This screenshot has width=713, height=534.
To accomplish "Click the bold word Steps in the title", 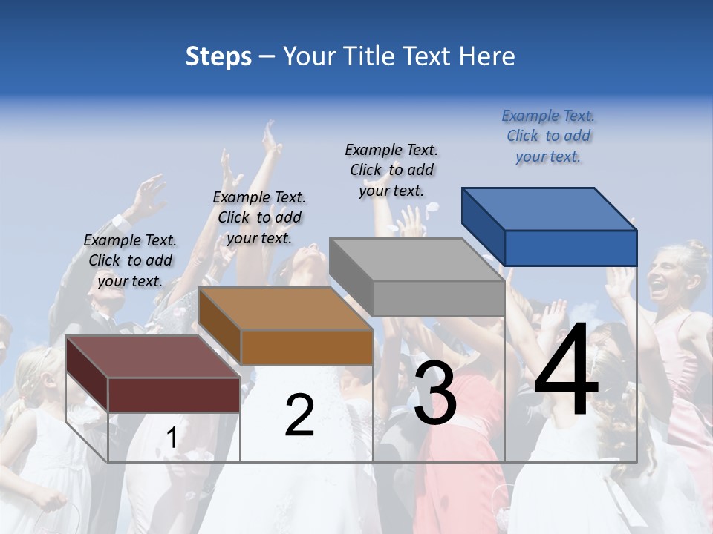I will click(218, 56).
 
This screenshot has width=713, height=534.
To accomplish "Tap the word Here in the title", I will click(486, 56).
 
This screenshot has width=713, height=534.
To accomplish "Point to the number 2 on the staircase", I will click(299, 415).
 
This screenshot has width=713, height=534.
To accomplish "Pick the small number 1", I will click(172, 438).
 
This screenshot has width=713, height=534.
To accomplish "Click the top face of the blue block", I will click(548, 209).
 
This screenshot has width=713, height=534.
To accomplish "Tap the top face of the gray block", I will click(416, 260).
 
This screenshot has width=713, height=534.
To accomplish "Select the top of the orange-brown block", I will click(285, 309).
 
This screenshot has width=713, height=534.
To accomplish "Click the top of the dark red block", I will click(152, 357).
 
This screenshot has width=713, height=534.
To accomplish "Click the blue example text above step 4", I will click(548, 136).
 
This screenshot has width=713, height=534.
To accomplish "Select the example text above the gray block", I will click(391, 170).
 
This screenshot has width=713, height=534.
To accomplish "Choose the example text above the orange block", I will click(259, 217).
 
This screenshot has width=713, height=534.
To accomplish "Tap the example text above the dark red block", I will click(130, 260).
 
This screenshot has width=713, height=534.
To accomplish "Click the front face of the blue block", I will click(570, 248).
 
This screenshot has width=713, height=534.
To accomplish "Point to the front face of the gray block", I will click(438, 298).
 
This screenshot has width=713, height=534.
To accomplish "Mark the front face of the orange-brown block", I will click(307, 347).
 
